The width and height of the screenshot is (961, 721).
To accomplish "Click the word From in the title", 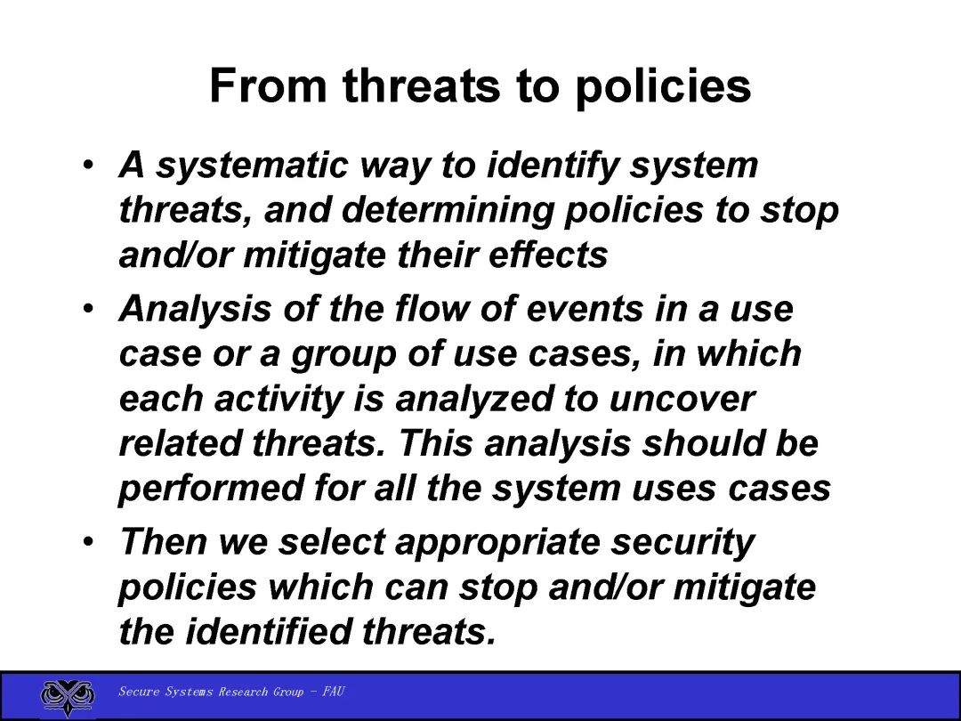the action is [268, 85].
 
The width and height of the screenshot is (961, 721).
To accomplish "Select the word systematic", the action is [251, 166].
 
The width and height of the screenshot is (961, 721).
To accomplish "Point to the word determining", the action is [448, 211].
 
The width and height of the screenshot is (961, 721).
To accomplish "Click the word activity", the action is [279, 399].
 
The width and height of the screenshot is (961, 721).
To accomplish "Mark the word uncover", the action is [682, 400].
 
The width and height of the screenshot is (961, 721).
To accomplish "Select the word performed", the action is [210, 489].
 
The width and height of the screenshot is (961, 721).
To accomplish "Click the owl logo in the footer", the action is [68, 697].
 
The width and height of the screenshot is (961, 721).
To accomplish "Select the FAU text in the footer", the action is [334, 692].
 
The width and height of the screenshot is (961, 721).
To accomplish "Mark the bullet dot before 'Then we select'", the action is [89, 542].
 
